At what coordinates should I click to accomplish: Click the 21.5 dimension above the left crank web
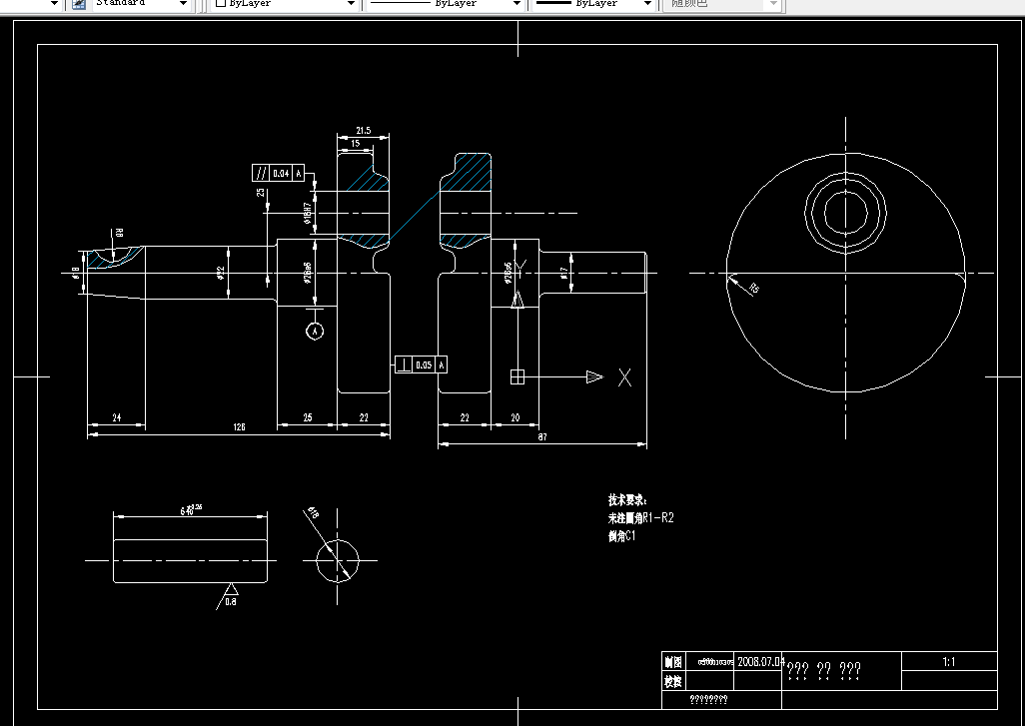click(363, 131)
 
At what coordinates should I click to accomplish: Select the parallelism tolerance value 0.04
click(281, 173)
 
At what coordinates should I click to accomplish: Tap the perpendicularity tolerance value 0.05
click(424, 365)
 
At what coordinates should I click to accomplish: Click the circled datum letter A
click(315, 330)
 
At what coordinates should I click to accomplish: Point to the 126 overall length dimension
click(239, 427)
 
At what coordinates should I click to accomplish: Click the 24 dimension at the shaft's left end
click(116, 417)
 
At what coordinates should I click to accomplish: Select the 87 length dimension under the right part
click(540, 436)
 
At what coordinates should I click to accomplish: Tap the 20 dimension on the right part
click(514, 417)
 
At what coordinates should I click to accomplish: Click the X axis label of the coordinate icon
click(624, 376)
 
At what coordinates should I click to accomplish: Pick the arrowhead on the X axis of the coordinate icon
click(594, 376)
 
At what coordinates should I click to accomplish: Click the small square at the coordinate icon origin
click(516, 376)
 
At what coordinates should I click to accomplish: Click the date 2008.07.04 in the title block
click(761, 661)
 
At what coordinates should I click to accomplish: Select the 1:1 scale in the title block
click(948, 661)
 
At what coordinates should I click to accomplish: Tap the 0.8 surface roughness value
click(230, 602)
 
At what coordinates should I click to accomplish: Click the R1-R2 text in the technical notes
click(658, 518)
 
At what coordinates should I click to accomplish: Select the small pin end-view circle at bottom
click(337, 559)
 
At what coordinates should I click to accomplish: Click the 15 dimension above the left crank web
click(356, 144)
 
